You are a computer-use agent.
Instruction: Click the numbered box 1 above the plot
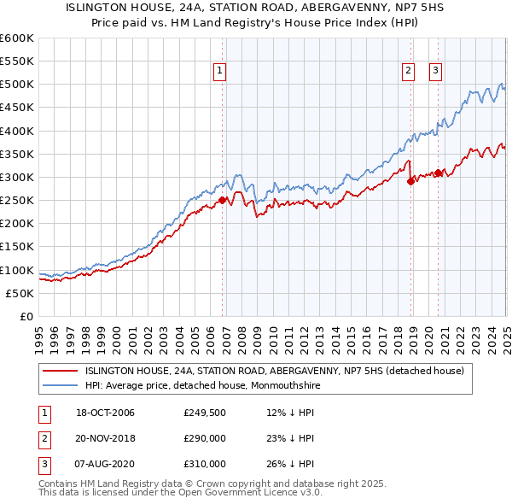coord(220,71)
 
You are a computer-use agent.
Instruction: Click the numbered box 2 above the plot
coord(409,71)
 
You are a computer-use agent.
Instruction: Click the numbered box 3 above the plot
coord(435,71)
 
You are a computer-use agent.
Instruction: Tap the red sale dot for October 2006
coord(223,201)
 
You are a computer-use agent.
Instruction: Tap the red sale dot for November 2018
coord(410,180)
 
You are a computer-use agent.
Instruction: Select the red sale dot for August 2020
coord(438,173)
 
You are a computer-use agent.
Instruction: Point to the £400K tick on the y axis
coord(18,131)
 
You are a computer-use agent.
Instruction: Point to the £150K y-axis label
coord(18,247)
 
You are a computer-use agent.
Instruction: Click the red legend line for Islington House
coord(61,371)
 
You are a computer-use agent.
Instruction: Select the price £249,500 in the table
coord(205,413)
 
